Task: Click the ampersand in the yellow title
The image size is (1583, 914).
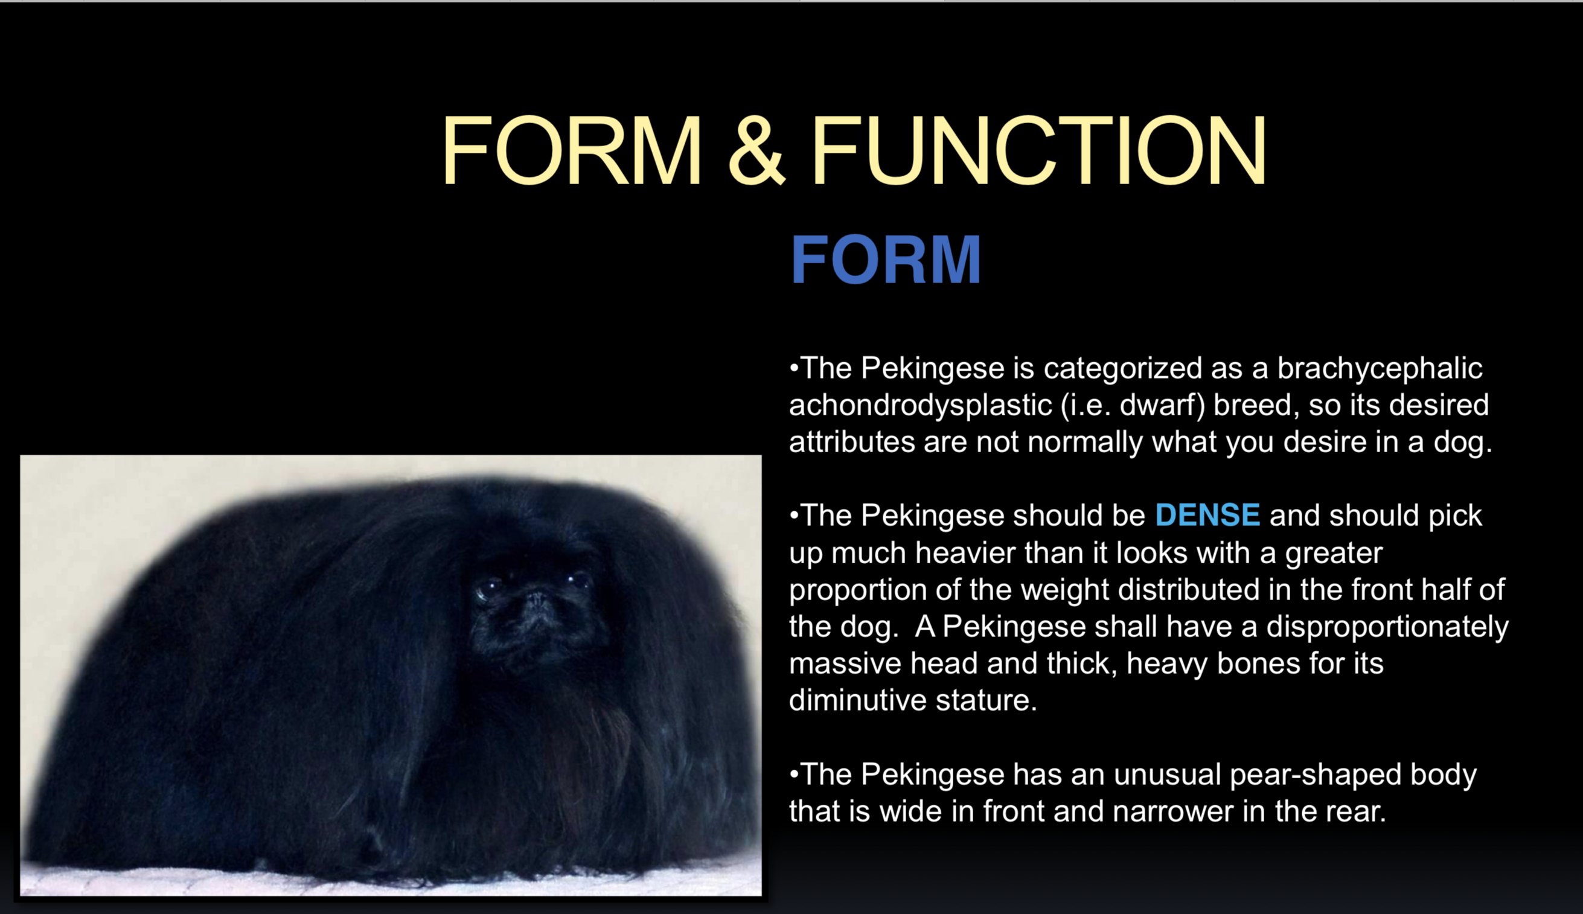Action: pyautogui.click(x=756, y=151)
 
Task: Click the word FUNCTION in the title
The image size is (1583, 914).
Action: pyautogui.click(x=1039, y=151)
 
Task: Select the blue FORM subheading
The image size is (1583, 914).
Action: pyautogui.click(x=886, y=260)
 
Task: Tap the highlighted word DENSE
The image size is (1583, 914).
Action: pyautogui.click(x=1207, y=515)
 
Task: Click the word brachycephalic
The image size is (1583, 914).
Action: pyautogui.click(x=1380, y=368)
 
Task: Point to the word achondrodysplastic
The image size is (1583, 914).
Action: pyautogui.click(x=920, y=406)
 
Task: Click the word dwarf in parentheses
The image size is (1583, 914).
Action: pyautogui.click(x=1162, y=405)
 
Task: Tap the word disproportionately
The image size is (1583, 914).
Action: pyautogui.click(x=1387, y=627)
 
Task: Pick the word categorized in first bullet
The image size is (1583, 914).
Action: pyautogui.click(x=1123, y=368)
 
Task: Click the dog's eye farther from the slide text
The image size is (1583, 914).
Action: pyautogui.click(x=486, y=590)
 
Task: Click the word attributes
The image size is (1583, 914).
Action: pyautogui.click(x=851, y=442)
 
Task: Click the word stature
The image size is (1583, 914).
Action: pyautogui.click(x=986, y=700)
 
